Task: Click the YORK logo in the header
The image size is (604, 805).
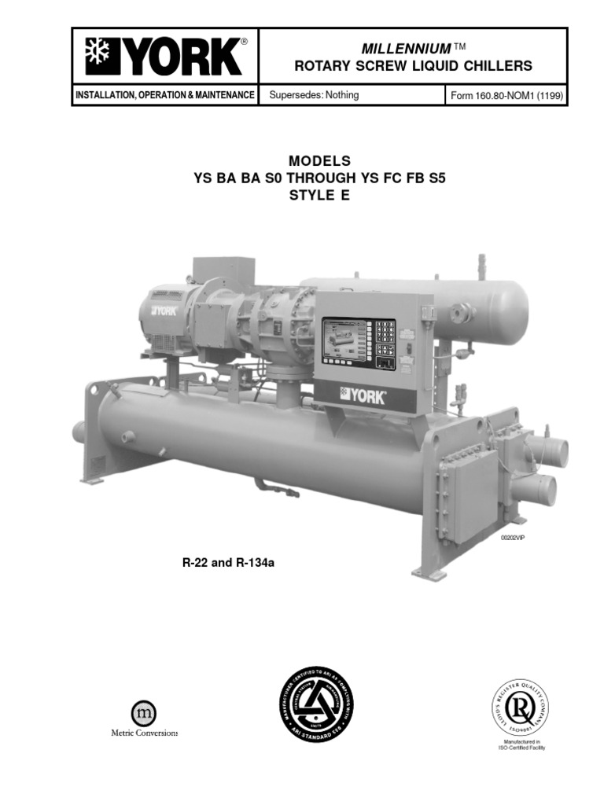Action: coord(164,57)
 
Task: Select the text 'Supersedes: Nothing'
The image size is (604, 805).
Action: coord(314,95)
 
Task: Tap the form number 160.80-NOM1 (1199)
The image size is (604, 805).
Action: coord(506,96)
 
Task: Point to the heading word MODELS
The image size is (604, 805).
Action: coord(320,160)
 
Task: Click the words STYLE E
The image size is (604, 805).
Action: coord(319,197)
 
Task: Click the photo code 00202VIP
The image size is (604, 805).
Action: coord(512,537)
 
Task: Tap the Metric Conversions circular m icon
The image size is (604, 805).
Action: coord(143,714)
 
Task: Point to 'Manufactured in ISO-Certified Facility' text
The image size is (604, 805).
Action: coord(521,744)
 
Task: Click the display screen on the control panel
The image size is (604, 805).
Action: coord(347,340)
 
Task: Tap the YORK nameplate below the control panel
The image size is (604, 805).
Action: coord(363,395)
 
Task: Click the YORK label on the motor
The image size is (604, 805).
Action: coord(160,310)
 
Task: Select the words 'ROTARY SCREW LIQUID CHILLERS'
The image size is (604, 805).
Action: coord(413,66)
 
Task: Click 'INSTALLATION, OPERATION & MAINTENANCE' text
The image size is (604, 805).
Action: coord(164,95)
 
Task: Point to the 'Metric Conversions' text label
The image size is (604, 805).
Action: coord(144,733)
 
